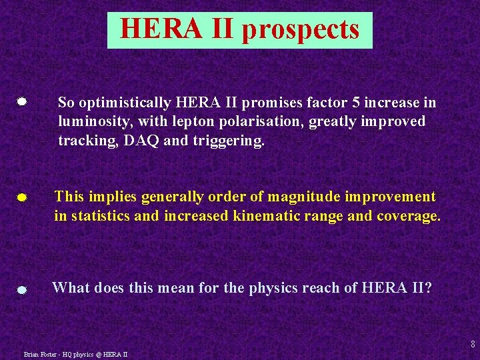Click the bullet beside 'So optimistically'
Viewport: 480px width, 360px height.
(22, 102)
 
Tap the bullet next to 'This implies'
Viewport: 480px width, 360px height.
(22, 198)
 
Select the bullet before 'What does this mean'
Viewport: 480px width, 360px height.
(22, 290)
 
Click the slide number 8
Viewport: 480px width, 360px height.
(473, 345)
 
